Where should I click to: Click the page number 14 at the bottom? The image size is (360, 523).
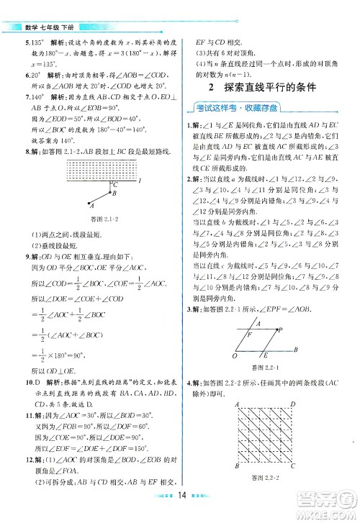click(x=182, y=514)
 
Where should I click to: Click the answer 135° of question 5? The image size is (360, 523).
click(x=37, y=42)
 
